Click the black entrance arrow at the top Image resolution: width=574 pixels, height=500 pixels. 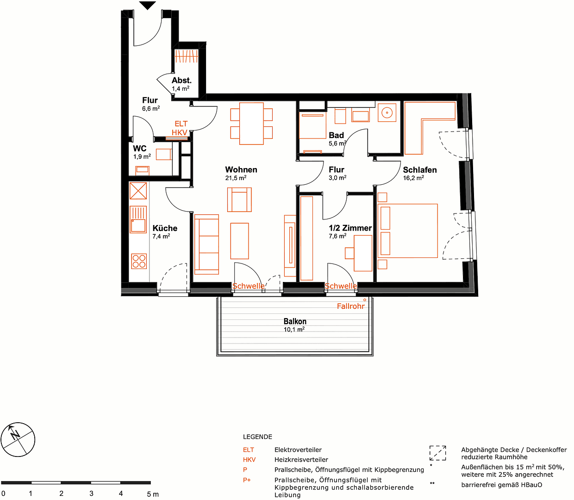click(x=148, y=6)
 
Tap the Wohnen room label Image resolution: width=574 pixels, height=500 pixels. click(x=241, y=170)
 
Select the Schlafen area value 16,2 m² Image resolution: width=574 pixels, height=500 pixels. click(x=413, y=178)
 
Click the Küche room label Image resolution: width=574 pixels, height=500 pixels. click(x=165, y=228)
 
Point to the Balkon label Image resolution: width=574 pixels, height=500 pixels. click(x=295, y=321)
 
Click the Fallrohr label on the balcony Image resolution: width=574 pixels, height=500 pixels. click(x=350, y=306)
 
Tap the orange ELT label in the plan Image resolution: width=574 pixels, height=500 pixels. click(x=181, y=124)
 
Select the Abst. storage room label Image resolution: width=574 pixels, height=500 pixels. click(x=181, y=81)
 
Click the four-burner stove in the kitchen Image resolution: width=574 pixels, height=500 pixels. click(x=139, y=261)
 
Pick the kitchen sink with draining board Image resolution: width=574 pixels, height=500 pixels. click(x=138, y=219)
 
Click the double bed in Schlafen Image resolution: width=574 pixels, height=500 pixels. click(x=408, y=231)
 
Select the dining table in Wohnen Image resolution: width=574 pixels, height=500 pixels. click(x=251, y=124)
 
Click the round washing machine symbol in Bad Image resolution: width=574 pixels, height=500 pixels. click(x=387, y=112)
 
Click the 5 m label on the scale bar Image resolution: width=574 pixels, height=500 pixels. click(x=152, y=494)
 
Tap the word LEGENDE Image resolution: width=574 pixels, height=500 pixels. click(x=257, y=437)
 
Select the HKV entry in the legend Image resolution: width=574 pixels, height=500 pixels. click(x=249, y=460)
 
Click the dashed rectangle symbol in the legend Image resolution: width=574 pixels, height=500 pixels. click(x=437, y=453)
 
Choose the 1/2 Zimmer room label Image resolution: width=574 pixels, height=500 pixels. click(x=350, y=228)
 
